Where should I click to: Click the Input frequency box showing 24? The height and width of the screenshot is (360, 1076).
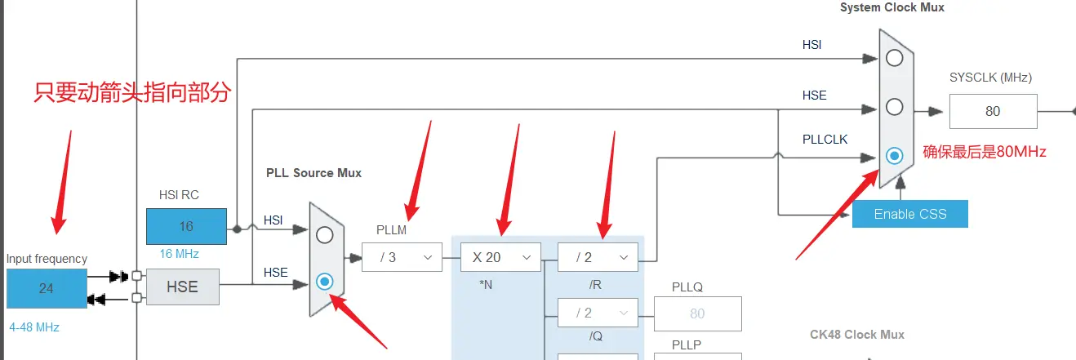click(47, 288)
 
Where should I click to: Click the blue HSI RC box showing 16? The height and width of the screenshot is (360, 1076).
click(186, 226)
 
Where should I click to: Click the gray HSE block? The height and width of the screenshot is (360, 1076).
click(182, 287)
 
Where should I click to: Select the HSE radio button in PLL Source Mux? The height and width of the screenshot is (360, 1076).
click(325, 282)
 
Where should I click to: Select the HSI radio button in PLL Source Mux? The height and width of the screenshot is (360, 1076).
click(325, 235)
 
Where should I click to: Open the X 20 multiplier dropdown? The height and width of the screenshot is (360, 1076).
click(500, 257)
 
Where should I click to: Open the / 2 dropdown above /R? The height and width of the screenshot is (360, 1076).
click(597, 257)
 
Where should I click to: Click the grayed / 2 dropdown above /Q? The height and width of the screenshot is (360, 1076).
click(597, 313)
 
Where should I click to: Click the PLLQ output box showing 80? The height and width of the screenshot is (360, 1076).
click(697, 313)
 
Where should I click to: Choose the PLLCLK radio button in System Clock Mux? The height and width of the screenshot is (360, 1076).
click(895, 155)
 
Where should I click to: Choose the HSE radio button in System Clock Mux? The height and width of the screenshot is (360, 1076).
click(895, 106)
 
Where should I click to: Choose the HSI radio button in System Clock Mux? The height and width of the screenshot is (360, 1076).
click(895, 58)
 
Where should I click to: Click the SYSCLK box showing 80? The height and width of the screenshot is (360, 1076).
click(993, 111)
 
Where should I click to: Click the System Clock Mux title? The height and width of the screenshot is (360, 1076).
click(892, 7)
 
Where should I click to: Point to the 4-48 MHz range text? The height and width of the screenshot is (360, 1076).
click(34, 327)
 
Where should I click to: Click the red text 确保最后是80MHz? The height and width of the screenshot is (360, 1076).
click(985, 151)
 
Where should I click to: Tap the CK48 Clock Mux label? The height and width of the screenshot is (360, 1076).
click(856, 334)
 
